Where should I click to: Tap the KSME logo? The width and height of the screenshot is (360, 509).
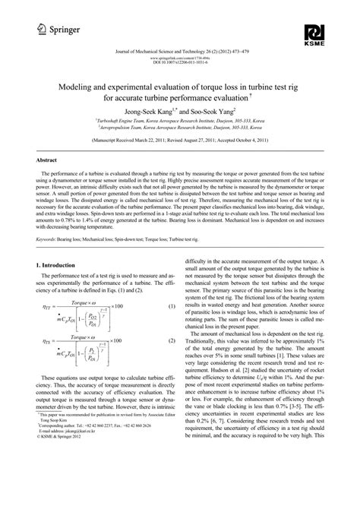(314, 33)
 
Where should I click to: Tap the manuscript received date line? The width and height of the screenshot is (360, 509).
(180, 141)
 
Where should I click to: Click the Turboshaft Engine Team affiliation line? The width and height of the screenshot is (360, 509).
(180, 120)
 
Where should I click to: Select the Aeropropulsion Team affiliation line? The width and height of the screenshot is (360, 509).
(180, 127)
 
